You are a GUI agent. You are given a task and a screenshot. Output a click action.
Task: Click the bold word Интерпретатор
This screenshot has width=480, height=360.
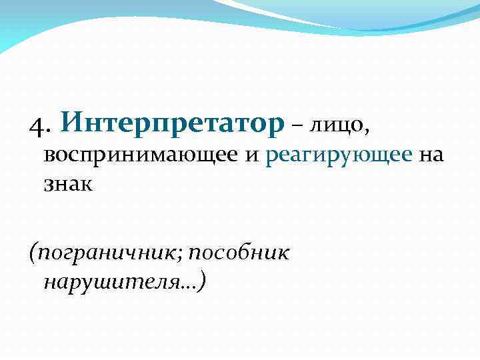pyautogui.click(x=172, y=122)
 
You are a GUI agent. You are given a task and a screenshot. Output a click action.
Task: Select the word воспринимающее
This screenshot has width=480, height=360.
pyautogui.click(x=141, y=156)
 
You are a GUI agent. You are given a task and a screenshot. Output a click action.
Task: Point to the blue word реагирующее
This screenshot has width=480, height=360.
pyautogui.click(x=339, y=156)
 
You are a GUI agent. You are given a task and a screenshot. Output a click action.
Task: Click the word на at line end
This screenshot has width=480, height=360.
pyautogui.click(x=431, y=156)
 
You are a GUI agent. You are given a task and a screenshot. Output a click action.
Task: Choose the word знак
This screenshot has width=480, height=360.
pyautogui.click(x=69, y=184)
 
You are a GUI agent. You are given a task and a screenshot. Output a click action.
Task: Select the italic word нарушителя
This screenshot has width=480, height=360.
pyautogui.click(x=112, y=283)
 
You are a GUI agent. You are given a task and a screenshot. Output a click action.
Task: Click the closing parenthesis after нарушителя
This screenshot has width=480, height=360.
pyautogui.click(x=201, y=283)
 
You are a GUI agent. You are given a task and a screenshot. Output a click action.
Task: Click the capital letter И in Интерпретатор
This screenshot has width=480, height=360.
pyautogui.click(x=73, y=122)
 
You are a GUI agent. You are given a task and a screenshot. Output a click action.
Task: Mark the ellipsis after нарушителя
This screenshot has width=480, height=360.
pyautogui.click(x=189, y=287)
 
